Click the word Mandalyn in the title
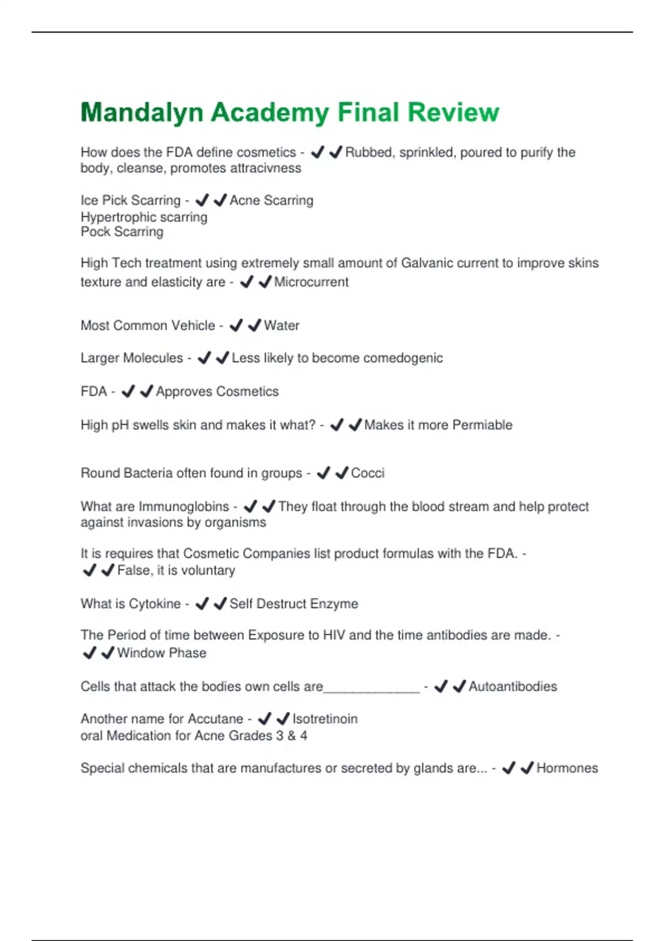click(x=142, y=112)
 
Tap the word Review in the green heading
click(x=453, y=112)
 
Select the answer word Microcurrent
click(x=311, y=282)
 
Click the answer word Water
click(x=282, y=325)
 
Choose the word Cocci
click(x=367, y=473)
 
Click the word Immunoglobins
click(x=183, y=506)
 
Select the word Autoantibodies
click(x=513, y=686)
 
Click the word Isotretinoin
click(x=325, y=719)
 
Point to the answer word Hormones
click(x=567, y=768)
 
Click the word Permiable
click(x=482, y=425)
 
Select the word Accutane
click(x=216, y=719)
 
